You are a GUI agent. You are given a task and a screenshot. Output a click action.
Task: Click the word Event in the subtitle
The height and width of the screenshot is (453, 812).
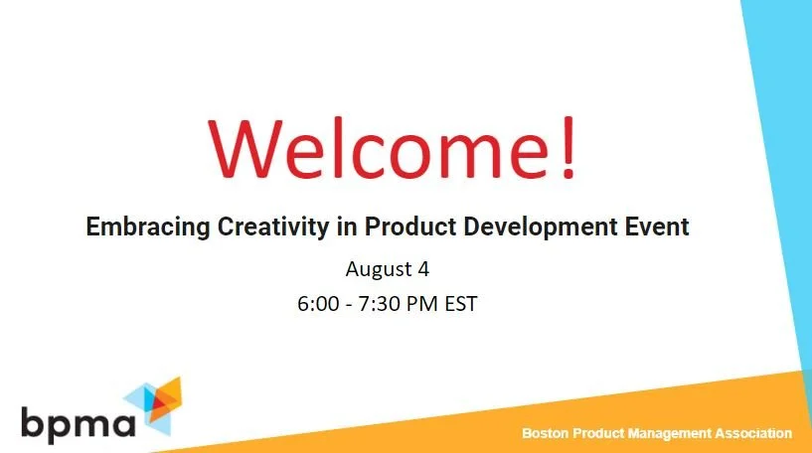click(660, 226)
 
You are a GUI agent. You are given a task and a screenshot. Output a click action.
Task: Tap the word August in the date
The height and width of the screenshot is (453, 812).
click(379, 269)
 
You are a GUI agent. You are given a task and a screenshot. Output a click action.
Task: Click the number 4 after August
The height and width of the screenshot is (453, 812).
click(423, 268)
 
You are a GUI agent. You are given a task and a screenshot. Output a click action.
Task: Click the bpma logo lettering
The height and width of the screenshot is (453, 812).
click(77, 422)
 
